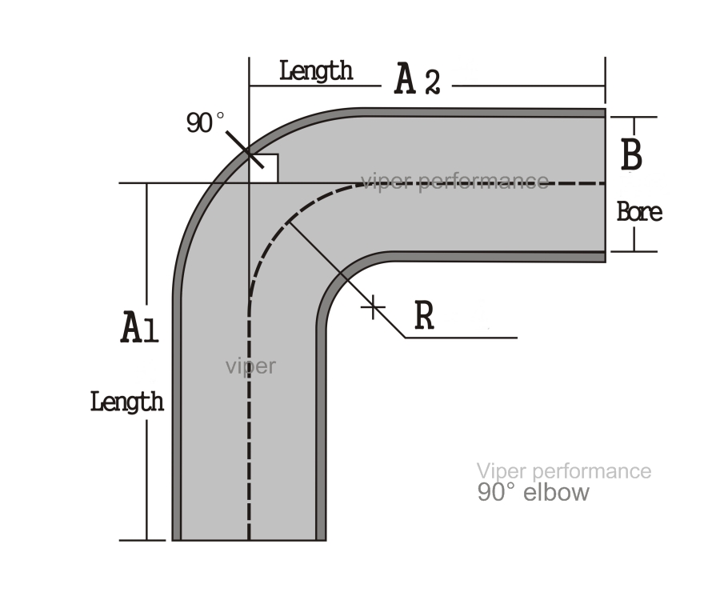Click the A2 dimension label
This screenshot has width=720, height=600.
tap(418, 80)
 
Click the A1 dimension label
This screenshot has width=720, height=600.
tap(139, 327)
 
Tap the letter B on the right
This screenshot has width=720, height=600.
tap(631, 154)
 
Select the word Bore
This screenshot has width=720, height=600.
tap(639, 212)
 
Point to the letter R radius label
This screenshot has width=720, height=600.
tap(424, 315)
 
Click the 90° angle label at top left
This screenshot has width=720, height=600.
tap(206, 122)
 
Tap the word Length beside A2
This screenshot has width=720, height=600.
tap(316, 71)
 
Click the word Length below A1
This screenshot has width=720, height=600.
tap(127, 402)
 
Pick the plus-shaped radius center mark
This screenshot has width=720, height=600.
tap(373, 306)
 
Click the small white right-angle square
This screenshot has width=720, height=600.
tap(263, 169)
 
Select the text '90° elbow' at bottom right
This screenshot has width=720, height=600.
tap(533, 493)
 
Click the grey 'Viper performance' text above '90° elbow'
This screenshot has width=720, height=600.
tap(564, 471)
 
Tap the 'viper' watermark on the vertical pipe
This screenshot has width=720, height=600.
tap(250, 366)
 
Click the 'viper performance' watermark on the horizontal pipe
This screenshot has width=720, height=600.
tap(454, 182)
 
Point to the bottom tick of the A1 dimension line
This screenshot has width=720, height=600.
tap(142, 540)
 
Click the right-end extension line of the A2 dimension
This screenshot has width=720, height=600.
tap(606, 80)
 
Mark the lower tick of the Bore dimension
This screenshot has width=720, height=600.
tap(634, 251)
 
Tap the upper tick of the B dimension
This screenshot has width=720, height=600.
tap(634, 117)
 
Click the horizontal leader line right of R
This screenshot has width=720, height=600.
tap(461, 338)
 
